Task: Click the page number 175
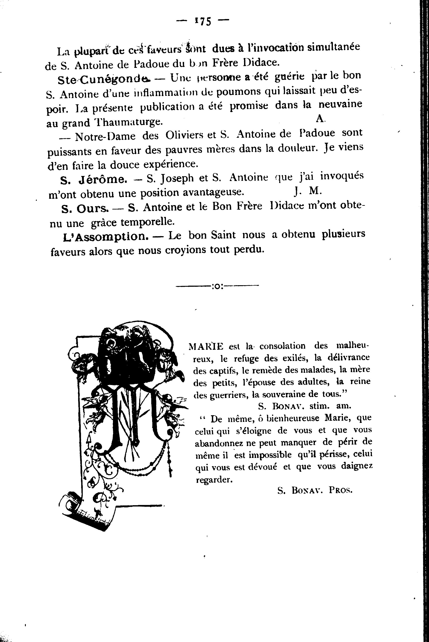point(203,21)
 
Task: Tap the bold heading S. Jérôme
point(94,179)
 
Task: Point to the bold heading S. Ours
point(84,209)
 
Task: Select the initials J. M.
point(308,191)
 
